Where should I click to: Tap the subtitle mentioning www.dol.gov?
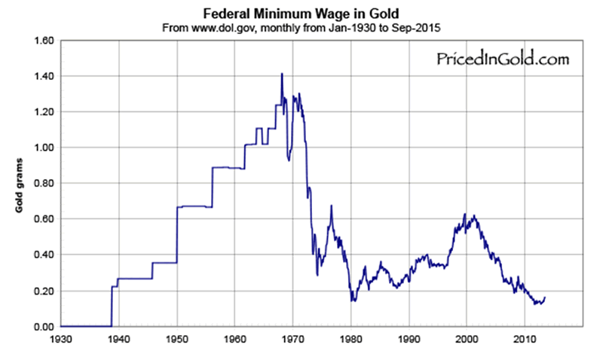coord(301,27)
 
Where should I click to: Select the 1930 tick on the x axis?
coord(60,338)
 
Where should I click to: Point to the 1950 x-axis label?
coord(177,338)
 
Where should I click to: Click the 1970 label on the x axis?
coord(293,338)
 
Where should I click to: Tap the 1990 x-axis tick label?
coord(409,338)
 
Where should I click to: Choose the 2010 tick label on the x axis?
coord(525,338)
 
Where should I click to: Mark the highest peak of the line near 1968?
coord(282,74)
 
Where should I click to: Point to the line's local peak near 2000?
coord(465,215)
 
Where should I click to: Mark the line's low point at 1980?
coord(352,301)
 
